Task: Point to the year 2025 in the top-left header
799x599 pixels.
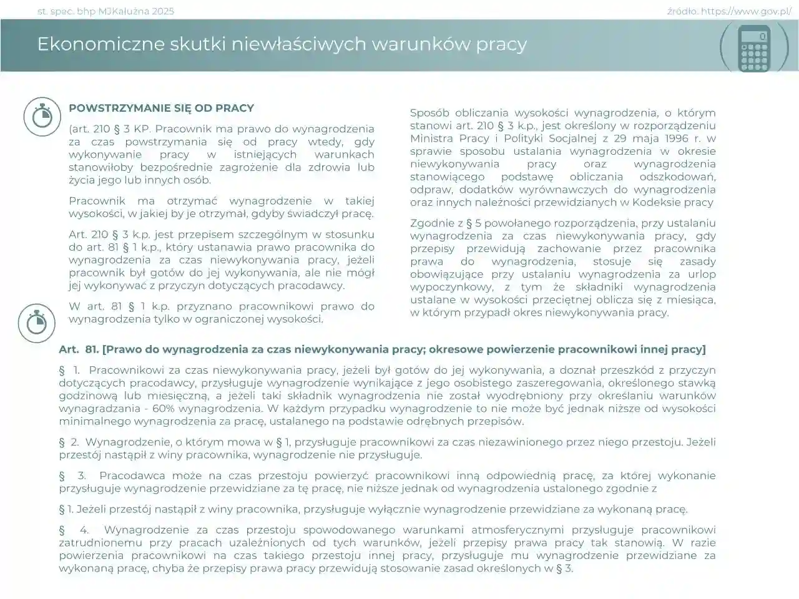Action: coord(162,11)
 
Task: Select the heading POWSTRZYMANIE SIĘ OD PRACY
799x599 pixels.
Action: coord(161,108)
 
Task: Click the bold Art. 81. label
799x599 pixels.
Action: coord(76,349)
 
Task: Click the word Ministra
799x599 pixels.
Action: coord(431,139)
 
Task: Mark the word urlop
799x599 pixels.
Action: coord(702,275)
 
